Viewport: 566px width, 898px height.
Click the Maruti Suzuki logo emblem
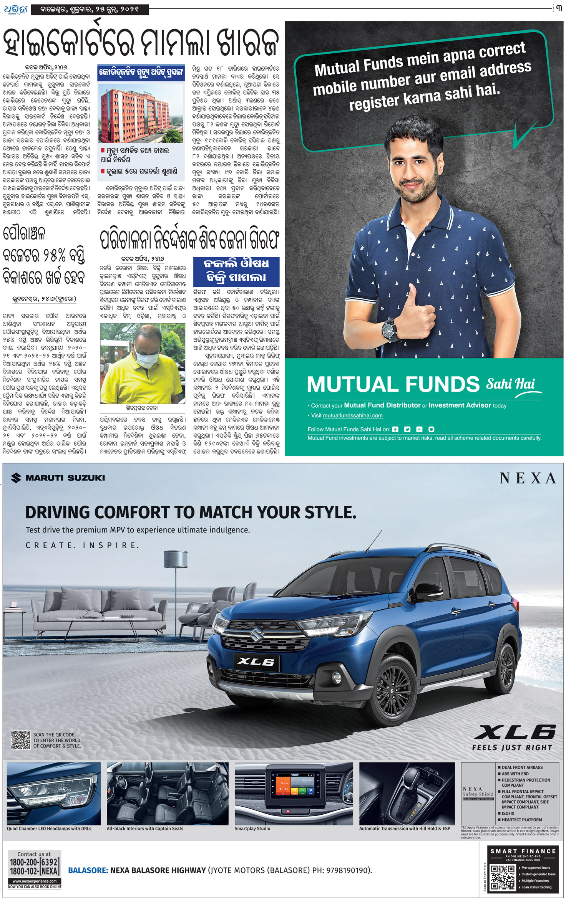pos(16,478)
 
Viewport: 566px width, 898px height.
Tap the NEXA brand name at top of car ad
pos(528,478)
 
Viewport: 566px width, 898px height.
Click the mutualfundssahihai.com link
pos(353,415)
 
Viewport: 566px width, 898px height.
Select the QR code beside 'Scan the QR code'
pos(21,740)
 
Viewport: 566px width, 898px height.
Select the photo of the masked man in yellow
pos(143,363)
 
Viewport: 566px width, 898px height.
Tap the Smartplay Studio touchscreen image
pos(293,789)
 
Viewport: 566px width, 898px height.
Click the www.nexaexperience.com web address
pos(35,881)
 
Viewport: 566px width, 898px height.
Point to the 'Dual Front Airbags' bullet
pos(521,767)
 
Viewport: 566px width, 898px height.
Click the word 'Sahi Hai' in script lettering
pos(511,383)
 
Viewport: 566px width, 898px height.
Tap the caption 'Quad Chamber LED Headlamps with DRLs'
pos(49,829)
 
